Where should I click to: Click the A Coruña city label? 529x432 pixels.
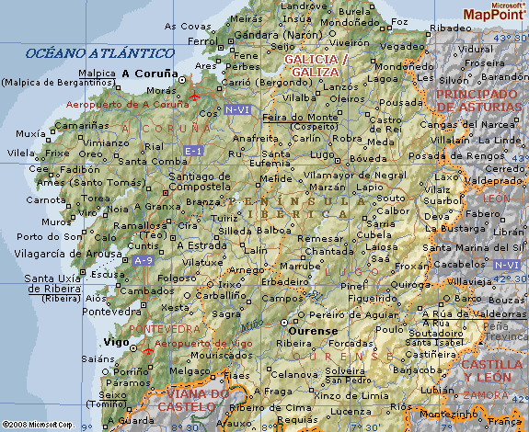[151, 73]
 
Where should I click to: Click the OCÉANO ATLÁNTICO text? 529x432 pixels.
[99, 53]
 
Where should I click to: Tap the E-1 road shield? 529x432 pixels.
[194, 150]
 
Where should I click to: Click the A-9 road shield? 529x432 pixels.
[143, 261]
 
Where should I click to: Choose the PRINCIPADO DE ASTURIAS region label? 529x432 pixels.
[477, 100]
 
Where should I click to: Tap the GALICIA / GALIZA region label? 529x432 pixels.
[316, 65]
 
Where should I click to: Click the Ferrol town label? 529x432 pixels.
[203, 41]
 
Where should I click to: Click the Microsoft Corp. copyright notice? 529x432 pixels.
[38, 426]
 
